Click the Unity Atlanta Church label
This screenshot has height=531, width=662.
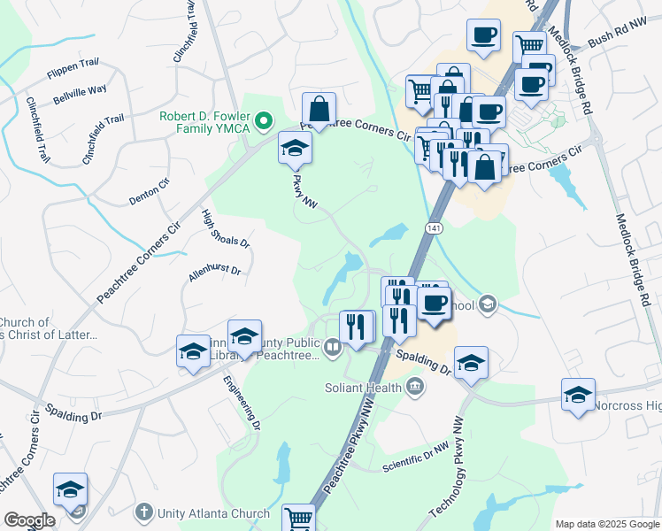[213, 513]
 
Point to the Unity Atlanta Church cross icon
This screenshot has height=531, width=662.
[144, 512]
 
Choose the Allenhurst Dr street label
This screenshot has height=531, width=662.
[215, 270]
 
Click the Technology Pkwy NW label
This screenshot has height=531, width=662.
[449, 469]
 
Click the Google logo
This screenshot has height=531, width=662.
[29, 520]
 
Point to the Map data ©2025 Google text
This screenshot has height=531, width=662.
[606, 524]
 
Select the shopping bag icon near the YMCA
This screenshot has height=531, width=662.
[319, 110]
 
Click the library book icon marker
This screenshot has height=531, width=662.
[332, 347]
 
